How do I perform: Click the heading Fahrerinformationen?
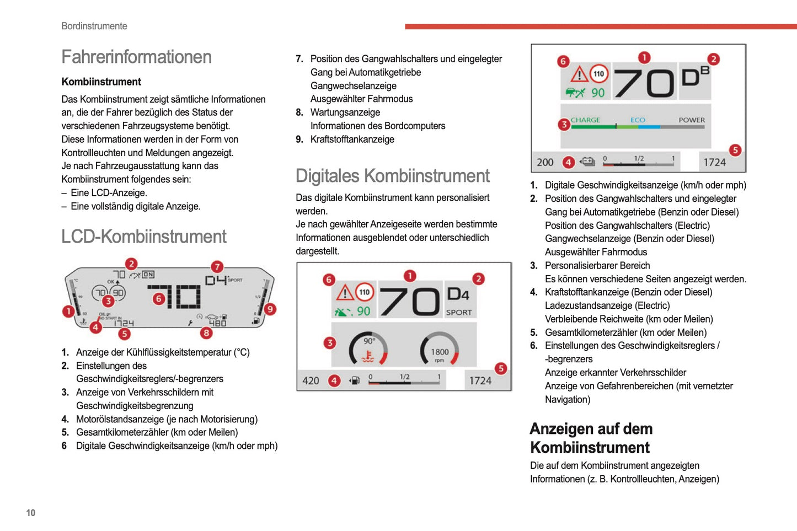[x=136, y=57]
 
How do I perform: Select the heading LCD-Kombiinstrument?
[x=143, y=237]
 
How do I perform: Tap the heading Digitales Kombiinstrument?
[x=392, y=176]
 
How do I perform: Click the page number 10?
[x=31, y=513]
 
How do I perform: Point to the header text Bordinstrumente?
[x=94, y=26]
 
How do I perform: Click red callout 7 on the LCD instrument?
[x=217, y=267]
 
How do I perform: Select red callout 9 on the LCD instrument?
[x=270, y=309]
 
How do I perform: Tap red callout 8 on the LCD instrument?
[x=206, y=333]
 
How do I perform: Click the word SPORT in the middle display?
[x=459, y=313]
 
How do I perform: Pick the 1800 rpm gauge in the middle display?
[x=440, y=349]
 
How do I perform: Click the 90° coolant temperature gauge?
[x=368, y=349]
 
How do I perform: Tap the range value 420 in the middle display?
[x=311, y=380]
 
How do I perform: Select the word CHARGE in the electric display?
[x=585, y=120]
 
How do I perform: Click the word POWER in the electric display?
[x=692, y=120]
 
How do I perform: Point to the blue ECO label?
[x=638, y=120]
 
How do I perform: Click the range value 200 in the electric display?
[x=545, y=162]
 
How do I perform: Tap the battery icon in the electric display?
[x=588, y=162]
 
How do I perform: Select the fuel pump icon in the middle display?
[x=355, y=380]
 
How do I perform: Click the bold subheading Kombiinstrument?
[x=101, y=82]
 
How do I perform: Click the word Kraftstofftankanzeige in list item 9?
[x=352, y=139]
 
